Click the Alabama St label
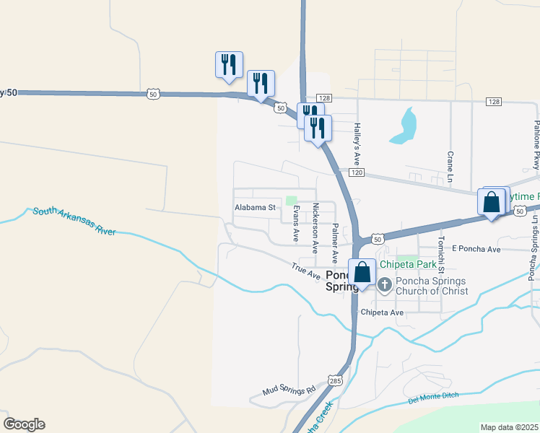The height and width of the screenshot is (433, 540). click(x=256, y=207)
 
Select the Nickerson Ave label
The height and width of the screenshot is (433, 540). click(x=315, y=227)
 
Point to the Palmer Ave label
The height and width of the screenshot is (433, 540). click(x=335, y=242)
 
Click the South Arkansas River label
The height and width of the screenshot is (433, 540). click(x=74, y=222)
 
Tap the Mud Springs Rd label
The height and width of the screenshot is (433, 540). click(x=289, y=390)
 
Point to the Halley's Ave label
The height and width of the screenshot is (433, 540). click(x=357, y=141)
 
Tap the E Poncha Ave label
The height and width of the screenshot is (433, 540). click(x=476, y=249)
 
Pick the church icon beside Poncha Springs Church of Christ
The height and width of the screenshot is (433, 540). click(x=384, y=286)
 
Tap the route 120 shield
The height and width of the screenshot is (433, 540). click(x=360, y=173)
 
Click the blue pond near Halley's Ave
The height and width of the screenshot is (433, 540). click(x=405, y=126)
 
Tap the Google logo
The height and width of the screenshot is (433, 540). click(x=24, y=424)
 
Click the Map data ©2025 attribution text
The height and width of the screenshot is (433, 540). click(x=509, y=427)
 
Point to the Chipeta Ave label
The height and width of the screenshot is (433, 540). click(x=382, y=312)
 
